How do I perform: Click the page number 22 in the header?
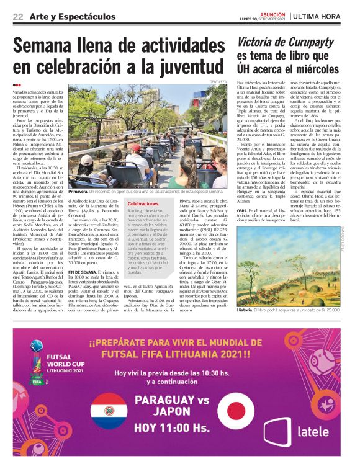tap(18, 16)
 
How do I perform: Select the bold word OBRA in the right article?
tap(244, 210)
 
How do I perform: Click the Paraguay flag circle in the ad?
tap(109, 411)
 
